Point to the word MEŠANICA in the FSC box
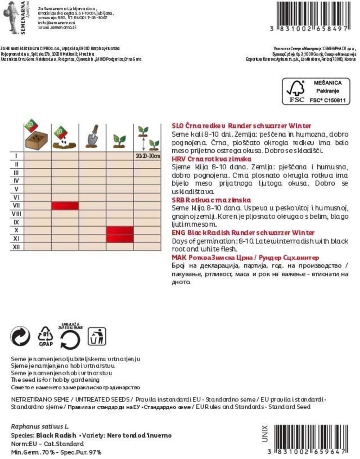pyautogui.click(x=327, y=83)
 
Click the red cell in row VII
pyautogui.click(x=65, y=206)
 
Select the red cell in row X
pyautogui.click(x=120, y=231)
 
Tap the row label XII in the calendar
pyautogui.click(x=16, y=247)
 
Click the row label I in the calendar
pyautogui.click(x=16, y=156)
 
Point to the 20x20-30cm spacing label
pyautogui.click(x=148, y=156)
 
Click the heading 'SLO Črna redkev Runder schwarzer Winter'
pyautogui.click(x=241, y=126)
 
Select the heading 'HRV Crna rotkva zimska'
pyautogui.click(x=211, y=159)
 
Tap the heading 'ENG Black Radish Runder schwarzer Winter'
pyautogui.click(x=243, y=233)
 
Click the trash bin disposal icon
pyautogui.click(x=96, y=336)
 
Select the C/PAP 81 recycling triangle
pyautogui.click(x=46, y=336)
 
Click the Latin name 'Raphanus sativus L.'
pyautogui.click(x=40, y=427)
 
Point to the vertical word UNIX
pyautogui.click(x=265, y=434)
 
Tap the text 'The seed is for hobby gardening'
pyautogui.click(x=55, y=380)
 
